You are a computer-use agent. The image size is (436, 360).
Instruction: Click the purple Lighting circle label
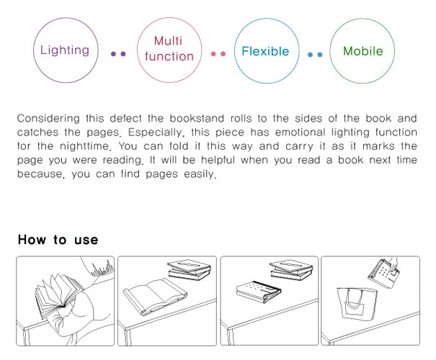tap(65, 50)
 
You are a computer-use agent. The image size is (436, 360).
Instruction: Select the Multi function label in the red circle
tap(169, 49)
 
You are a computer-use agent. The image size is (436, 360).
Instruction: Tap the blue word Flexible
tap(265, 51)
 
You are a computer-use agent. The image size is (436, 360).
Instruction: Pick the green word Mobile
tap(363, 51)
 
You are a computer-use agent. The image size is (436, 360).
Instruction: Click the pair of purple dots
tap(118, 54)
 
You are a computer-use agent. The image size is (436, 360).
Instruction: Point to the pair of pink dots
tap(218, 54)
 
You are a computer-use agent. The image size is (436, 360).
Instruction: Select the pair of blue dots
tap(315, 55)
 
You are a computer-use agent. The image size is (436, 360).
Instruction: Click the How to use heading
tap(58, 240)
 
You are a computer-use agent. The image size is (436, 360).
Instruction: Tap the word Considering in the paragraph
tap(48, 119)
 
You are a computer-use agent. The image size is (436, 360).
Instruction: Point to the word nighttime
tap(85, 146)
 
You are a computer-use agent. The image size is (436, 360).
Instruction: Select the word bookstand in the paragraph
tap(197, 118)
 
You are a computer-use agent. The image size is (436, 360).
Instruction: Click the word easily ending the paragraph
tap(200, 174)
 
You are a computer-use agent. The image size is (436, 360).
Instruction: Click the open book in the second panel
tap(155, 297)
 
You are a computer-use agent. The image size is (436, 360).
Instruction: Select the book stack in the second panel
tap(189, 270)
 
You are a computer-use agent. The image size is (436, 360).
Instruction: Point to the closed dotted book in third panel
tap(258, 292)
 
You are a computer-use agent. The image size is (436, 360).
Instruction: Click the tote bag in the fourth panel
tap(357, 304)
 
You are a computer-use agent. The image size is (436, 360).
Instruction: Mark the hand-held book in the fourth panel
tap(384, 274)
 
